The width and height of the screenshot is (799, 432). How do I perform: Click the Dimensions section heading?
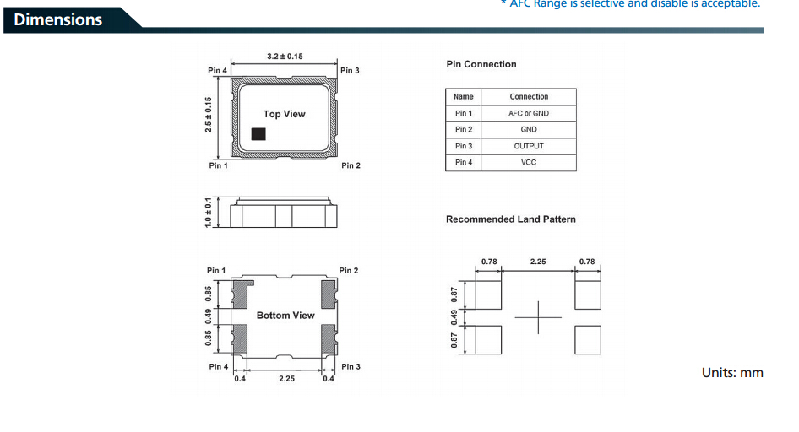[x=58, y=19]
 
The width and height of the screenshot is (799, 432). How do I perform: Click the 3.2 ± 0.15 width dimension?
[x=285, y=57]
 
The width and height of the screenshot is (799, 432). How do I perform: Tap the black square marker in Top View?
[x=259, y=133]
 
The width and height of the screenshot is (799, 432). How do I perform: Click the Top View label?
[x=285, y=114]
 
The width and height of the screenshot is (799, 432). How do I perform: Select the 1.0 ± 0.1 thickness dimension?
[x=207, y=212]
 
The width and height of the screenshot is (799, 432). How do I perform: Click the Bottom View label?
[x=285, y=316]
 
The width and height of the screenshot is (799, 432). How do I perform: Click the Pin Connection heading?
[x=481, y=64]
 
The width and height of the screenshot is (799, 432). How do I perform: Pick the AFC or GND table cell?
[x=529, y=113]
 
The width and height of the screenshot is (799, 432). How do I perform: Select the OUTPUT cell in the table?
[x=529, y=146]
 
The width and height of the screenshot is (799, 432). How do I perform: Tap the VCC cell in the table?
[x=529, y=162]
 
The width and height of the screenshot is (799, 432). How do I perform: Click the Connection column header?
[x=529, y=97]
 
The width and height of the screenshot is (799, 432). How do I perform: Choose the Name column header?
[x=464, y=97]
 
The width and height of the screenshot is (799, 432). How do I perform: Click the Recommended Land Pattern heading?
[x=511, y=219]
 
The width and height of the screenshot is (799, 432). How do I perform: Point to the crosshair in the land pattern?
[x=538, y=318]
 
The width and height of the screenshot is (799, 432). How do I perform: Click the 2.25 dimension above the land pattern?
[x=538, y=262]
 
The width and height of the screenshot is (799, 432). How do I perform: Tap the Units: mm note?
[x=732, y=372]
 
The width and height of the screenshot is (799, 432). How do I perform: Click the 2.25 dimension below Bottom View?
[x=286, y=379]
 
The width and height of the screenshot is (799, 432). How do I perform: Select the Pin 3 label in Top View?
[x=350, y=71]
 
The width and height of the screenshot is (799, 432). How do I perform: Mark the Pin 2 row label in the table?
[x=464, y=130]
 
